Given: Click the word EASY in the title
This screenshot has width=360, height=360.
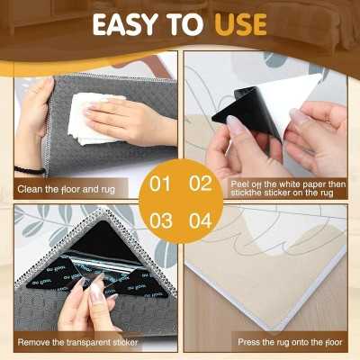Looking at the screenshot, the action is [125, 24].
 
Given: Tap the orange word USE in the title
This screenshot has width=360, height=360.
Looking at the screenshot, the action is [240, 24].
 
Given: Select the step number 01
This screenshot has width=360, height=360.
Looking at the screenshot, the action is [160, 184].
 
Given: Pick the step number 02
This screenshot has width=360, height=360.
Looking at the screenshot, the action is [201, 184].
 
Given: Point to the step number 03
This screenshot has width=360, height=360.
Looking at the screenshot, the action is [161, 220].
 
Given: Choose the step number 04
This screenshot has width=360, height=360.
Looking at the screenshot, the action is [201, 220].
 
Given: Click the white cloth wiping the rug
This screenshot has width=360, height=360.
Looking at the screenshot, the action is [90, 119].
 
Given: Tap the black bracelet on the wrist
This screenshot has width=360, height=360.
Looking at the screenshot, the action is [30, 170].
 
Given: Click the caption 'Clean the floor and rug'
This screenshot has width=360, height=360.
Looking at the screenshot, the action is [66, 190].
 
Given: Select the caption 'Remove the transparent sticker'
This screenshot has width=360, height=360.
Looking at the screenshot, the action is [77, 342].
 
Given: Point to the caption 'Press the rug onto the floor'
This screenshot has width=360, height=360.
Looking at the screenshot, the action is [290, 342].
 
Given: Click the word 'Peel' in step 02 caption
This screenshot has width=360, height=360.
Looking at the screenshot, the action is [238, 184].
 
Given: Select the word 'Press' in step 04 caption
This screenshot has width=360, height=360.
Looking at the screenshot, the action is [247, 342].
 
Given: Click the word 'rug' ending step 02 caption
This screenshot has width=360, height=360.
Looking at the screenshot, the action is [327, 193].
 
